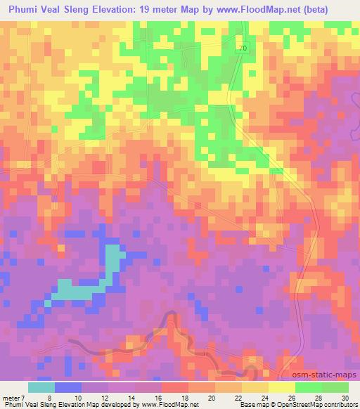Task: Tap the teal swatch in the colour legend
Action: coord(41,387)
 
